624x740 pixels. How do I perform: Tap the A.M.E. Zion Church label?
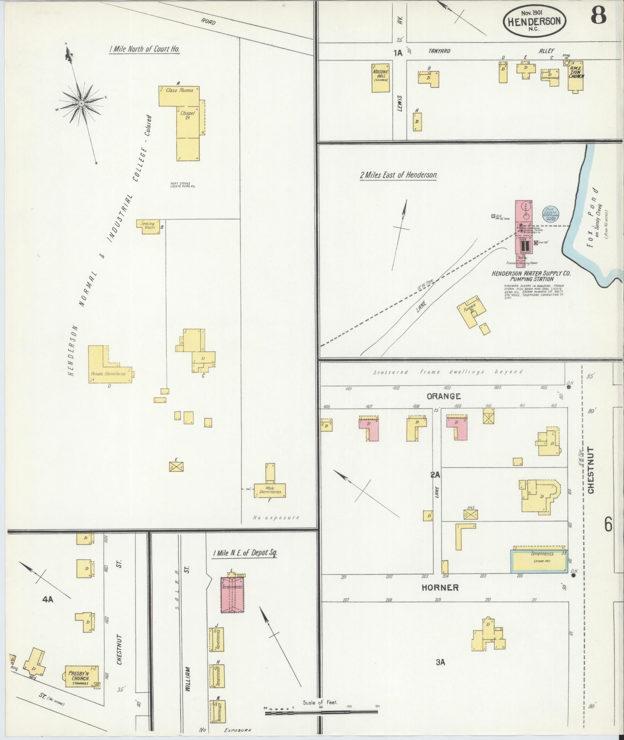tap(576, 73)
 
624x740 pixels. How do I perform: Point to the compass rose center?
tap(82, 103)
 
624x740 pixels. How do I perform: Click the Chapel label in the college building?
tap(187, 115)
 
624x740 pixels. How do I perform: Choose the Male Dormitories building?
tap(270, 490)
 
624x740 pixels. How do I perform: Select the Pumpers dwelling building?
tap(470, 311)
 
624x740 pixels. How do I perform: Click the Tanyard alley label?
tap(439, 51)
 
